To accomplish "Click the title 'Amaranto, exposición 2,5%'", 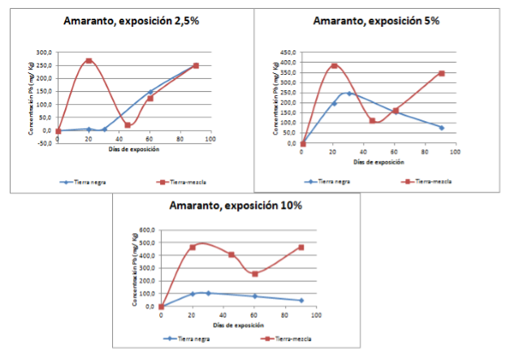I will click(x=131, y=22).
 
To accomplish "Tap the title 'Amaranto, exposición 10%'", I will click(x=236, y=206).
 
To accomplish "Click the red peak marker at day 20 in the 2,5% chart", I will click(x=89, y=61).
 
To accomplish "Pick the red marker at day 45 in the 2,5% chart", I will click(x=127, y=125).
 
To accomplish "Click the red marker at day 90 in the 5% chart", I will click(x=442, y=73).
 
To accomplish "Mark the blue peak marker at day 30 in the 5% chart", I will click(x=349, y=93).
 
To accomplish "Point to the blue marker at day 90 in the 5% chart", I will click(x=442, y=128).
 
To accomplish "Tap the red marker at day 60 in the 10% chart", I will click(x=254, y=274).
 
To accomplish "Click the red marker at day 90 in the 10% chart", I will click(x=300, y=247).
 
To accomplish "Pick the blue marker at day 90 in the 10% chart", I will click(x=300, y=301).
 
